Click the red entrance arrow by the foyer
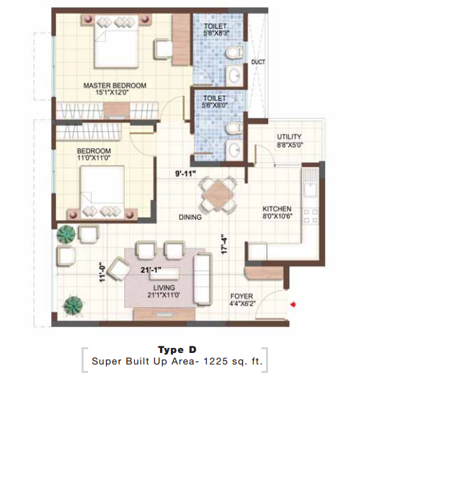click(293, 305)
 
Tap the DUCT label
click(258, 62)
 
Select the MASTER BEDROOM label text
click(115, 86)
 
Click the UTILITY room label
click(289, 137)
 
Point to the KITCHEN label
click(277, 209)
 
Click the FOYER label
click(242, 296)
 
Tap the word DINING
click(190, 217)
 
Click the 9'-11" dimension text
click(185, 174)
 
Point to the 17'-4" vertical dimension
click(224, 244)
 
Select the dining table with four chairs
click(218, 194)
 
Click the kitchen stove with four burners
click(311, 216)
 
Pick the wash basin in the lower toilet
click(235, 149)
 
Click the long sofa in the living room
click(203, 279)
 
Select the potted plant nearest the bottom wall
click(74, 305)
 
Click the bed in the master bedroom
click(116, 42)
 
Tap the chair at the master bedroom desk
click(162, 49)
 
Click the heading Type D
click(177, 350)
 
